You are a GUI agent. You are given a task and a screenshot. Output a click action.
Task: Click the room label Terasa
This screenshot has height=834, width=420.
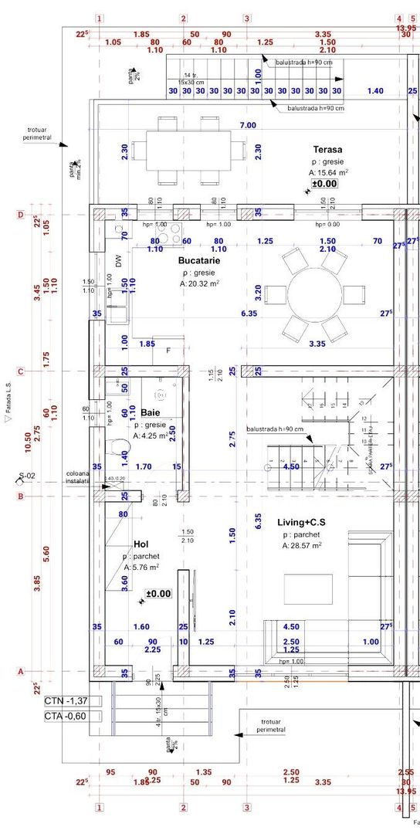tap(327, 149)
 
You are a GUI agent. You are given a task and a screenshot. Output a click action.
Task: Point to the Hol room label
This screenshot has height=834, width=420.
tap(141, 544)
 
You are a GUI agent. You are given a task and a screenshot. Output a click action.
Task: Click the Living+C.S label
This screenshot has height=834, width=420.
tap(301, 523)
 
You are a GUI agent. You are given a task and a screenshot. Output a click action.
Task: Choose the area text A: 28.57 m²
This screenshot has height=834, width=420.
tap(302, 546)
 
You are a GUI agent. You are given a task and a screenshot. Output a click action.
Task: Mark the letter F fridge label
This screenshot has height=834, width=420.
tap(168, 351)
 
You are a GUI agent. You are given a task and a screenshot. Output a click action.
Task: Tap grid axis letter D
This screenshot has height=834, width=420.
tap(21, 215)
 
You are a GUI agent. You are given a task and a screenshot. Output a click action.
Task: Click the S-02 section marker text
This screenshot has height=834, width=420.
tap(28, 476)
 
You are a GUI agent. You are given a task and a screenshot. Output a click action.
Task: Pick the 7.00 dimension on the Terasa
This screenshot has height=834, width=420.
tap(248, 125)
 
